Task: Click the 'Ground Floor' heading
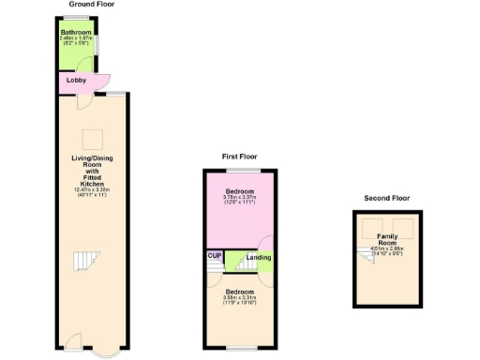90,5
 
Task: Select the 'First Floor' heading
239,157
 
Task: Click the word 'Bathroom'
76,32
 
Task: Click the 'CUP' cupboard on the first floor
213,255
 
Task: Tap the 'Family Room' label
387,240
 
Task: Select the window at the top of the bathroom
77,19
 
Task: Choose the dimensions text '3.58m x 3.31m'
239,298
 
